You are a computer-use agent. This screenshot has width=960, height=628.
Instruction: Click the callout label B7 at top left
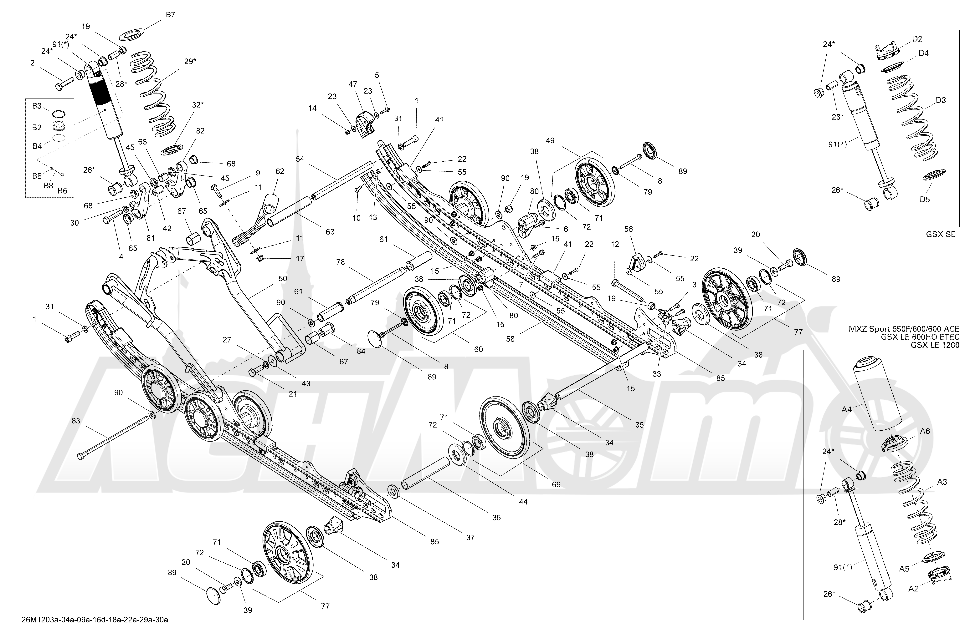171,14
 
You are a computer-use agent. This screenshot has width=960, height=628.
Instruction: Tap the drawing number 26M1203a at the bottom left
95,620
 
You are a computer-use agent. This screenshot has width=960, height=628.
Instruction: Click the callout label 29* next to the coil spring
190,61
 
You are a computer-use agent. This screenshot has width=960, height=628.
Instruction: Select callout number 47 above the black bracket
353,84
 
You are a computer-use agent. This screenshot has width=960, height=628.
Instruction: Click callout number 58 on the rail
510,339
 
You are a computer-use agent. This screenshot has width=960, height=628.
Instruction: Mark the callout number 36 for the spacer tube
496,518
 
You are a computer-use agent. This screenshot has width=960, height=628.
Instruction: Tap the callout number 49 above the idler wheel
550,141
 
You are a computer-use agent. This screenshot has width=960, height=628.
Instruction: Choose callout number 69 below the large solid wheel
556,484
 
